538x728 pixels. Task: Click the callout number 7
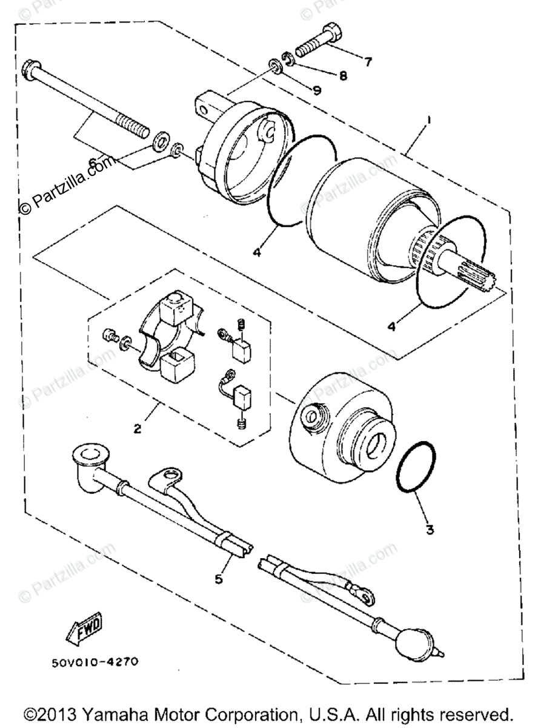click(x=368, y=61)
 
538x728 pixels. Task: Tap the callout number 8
click(x=343, y=76)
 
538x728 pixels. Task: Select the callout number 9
click(x=316, y=91)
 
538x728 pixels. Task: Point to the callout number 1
click(x=428, y=121)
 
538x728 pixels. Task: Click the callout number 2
click(x=138, y=429)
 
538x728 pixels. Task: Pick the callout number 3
click(x=430, y=529)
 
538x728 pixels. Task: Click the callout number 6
click(x=93, y=163)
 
